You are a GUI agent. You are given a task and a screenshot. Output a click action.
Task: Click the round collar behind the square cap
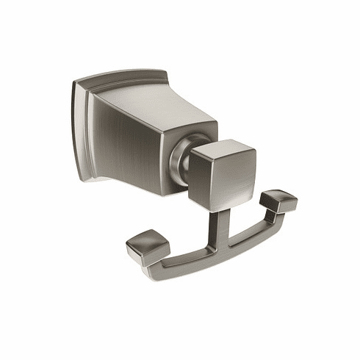coord(180,158)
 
